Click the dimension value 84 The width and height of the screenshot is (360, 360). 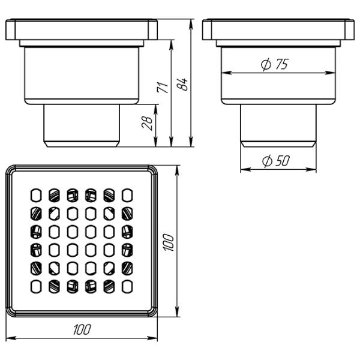(182, 84)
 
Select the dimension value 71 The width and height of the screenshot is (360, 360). (163, 87)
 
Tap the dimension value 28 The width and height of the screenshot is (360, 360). (147, 124)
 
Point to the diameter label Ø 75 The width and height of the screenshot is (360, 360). (275, 64)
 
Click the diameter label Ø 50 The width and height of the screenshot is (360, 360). (276, 161)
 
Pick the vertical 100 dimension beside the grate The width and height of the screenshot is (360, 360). (169, 242)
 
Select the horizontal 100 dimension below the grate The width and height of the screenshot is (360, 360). (82, 329)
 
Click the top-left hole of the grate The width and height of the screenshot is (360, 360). (36, 196)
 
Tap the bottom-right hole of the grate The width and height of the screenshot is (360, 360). (127, 287)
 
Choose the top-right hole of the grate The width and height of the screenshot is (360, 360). (127, 196)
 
